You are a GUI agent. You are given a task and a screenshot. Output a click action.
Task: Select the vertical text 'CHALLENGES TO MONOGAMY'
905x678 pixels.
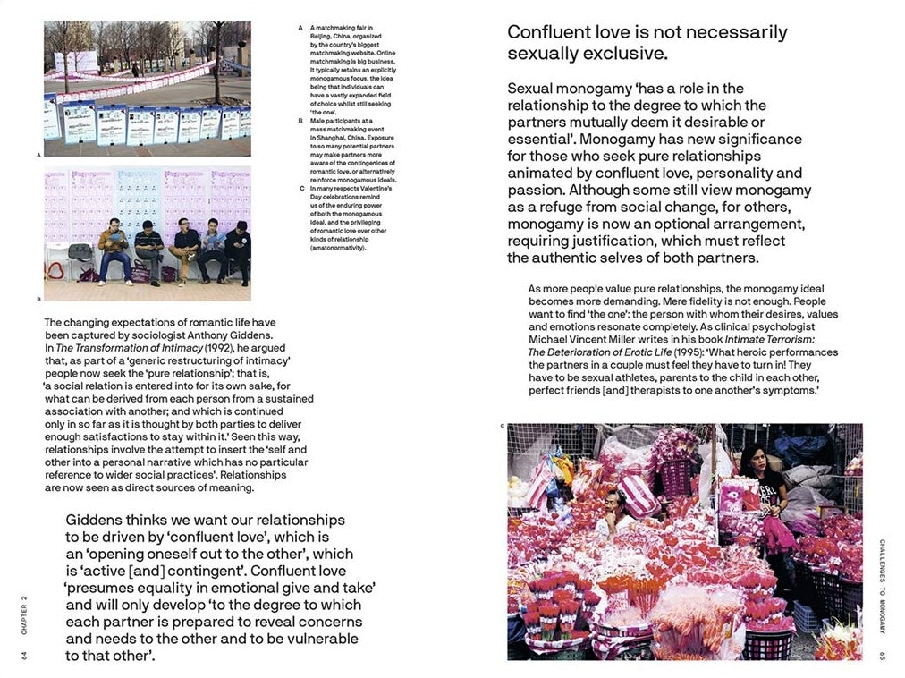(881, 586)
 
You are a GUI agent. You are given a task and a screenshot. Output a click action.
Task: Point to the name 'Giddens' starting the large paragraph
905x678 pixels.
(96, 520)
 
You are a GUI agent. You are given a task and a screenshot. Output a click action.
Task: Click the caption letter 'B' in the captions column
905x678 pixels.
(301, 119)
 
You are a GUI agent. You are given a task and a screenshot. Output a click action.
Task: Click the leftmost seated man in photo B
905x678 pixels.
(114, 250)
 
